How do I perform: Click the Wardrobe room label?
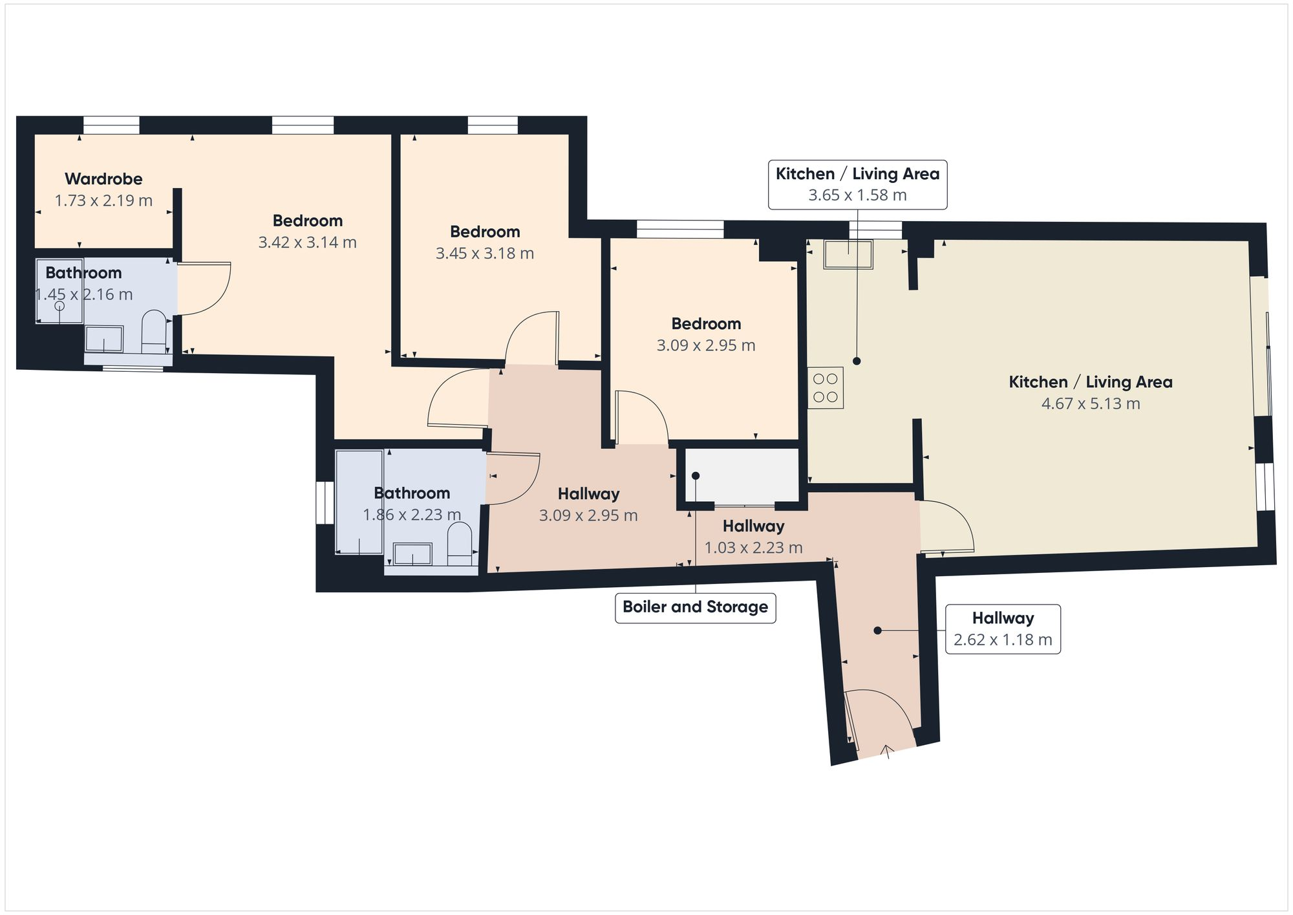coord(103,179)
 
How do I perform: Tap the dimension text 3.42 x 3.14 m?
coord(307,242)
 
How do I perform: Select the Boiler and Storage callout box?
coord(695,607)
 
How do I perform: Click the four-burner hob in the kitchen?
coord(826,388)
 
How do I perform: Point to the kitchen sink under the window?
coord(848,254)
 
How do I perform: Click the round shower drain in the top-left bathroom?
coord(59,306)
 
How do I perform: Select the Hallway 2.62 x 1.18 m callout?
coord(1003,629)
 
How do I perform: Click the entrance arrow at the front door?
coord(887,751)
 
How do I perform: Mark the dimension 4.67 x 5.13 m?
coord(1091,404)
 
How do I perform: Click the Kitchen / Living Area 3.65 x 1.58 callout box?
coord(857,185)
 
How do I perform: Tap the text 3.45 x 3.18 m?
coord(485,253)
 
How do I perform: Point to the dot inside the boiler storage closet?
coord(696,476)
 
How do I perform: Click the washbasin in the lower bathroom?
coord(412,554)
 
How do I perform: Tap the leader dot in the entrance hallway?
coord(877,630)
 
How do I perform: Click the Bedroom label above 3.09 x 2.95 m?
coord(706,324)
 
